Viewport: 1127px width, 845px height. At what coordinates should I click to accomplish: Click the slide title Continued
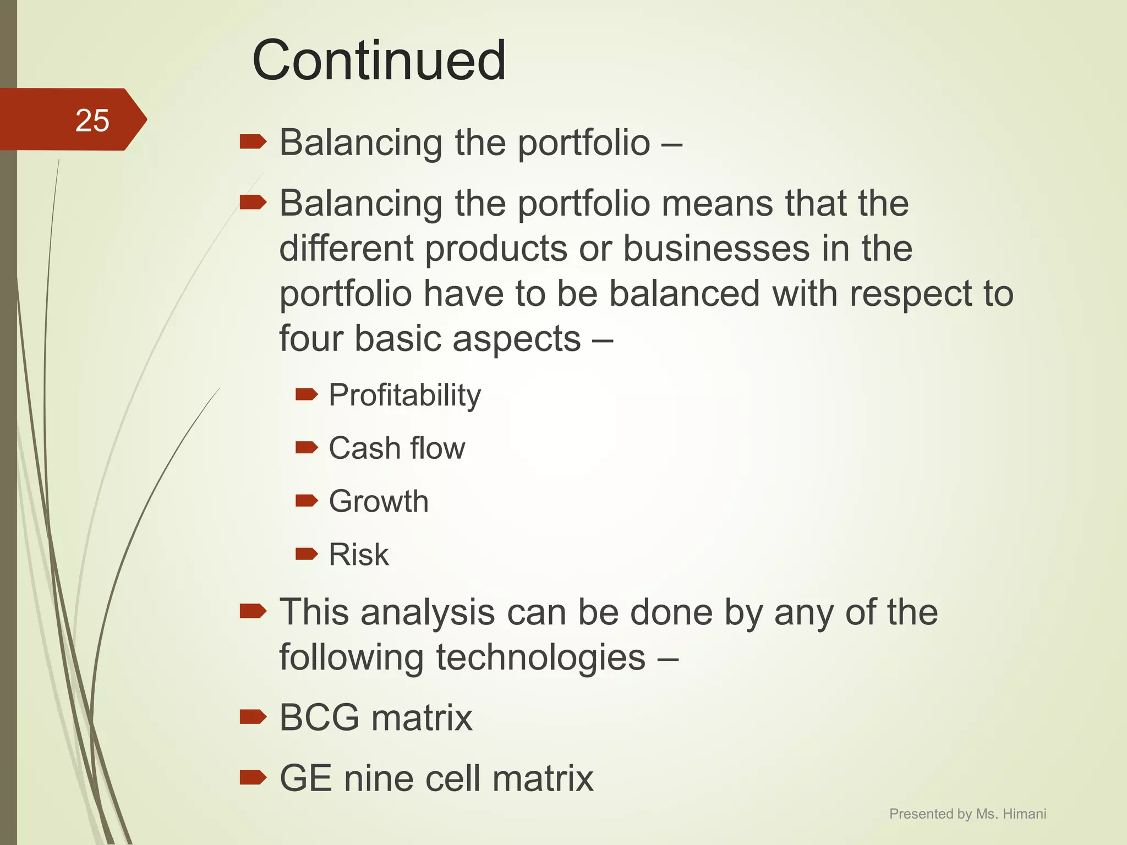379,61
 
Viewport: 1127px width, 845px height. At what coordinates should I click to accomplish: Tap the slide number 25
92,120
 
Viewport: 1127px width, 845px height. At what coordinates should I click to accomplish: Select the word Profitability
404,395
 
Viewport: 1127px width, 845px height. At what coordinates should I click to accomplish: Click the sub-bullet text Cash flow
397,448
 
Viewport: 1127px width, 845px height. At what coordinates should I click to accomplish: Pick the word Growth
379,501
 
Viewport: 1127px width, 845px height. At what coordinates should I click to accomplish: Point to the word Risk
358,554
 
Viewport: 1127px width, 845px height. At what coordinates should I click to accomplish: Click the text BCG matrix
376,717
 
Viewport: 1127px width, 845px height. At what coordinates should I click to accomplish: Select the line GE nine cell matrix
436,778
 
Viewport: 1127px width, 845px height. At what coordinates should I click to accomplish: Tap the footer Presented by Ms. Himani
967,814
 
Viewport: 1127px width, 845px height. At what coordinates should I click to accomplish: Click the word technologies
540,657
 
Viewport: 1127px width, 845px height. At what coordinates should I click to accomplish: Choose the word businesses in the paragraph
716,248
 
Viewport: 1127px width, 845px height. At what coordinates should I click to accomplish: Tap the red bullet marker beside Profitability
307,394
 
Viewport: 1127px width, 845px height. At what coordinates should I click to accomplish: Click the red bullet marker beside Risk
307,553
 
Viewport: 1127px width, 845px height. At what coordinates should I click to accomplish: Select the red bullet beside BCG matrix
253,716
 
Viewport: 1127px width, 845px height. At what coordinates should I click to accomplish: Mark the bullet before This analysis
253,611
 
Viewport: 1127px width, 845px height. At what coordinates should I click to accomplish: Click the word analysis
428,612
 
